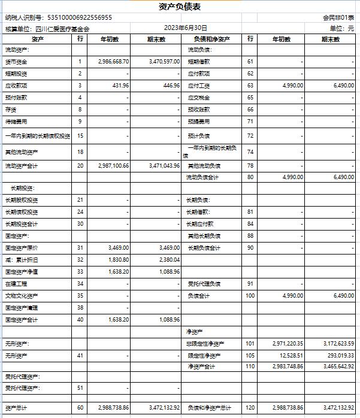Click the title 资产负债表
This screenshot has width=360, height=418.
tap(180, 7)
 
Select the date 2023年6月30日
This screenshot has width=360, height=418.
tap(186, 28)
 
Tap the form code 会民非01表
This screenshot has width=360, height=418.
tap(339, 18)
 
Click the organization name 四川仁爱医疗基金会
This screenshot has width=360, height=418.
tap(62, 28)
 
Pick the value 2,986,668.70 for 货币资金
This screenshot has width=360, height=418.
tap(113, 62)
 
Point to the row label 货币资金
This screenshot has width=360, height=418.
tap(16, 62)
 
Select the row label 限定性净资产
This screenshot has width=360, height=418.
tap(204, 356)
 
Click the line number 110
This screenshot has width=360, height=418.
tap(250, 366)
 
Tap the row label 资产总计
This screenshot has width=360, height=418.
tap(16, 407)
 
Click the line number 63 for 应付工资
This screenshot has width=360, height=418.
tap(250, 86)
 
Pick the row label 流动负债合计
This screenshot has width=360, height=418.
tap(202, 177)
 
